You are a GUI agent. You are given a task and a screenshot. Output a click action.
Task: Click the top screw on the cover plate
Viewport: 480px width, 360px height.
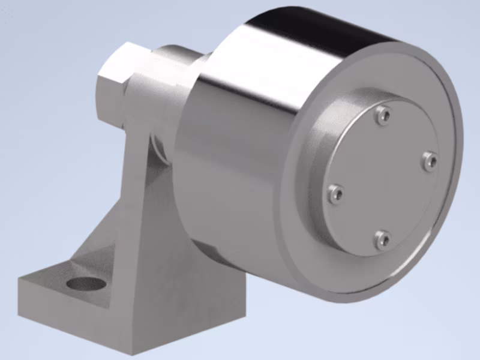point(382,114)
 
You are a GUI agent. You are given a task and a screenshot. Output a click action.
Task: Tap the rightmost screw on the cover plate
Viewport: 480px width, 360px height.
point(430,161)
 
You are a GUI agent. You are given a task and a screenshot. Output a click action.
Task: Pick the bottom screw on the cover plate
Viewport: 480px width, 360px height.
point(382,240)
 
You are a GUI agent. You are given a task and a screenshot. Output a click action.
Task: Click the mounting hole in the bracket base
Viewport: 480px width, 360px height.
point(84,283)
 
